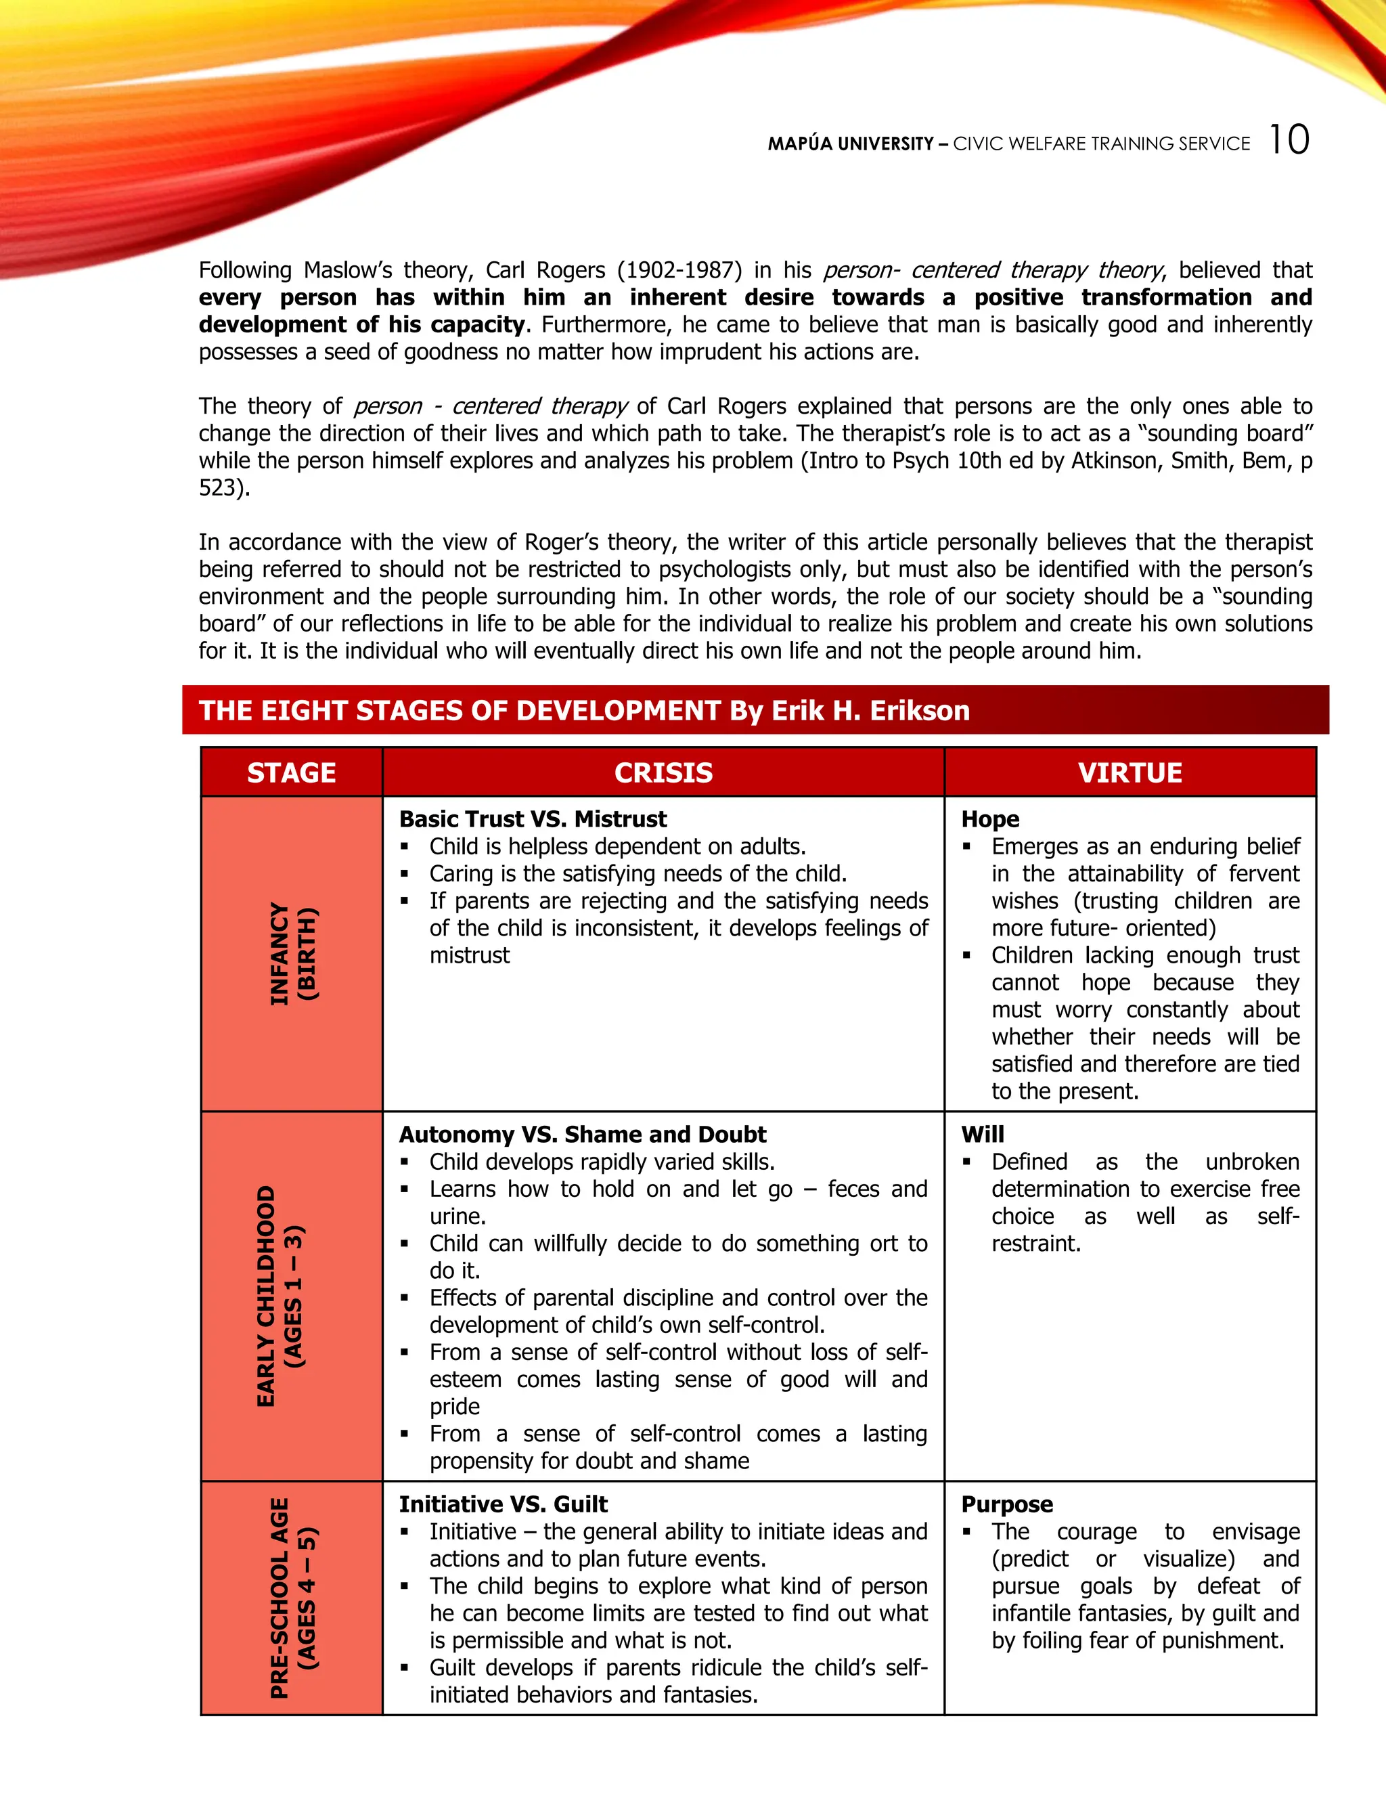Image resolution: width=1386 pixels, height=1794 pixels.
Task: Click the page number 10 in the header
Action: pos(1289,139)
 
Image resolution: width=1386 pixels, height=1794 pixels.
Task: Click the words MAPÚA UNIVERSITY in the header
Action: pos(850,144)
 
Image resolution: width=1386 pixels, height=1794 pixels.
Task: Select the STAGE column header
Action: pos(292,772)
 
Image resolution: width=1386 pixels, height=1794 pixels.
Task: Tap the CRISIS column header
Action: pos(663,772)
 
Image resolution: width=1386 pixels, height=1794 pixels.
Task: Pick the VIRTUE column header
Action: pos(1130,772)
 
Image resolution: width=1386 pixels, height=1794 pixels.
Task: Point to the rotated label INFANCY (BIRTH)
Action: pos(293,954)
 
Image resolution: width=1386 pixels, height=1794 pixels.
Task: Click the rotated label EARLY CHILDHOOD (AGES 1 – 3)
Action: pos(280,1296)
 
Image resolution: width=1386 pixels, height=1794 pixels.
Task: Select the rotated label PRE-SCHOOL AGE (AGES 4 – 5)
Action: pos(293,1598)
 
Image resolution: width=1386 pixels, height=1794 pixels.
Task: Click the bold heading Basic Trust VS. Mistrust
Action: pos(533,819)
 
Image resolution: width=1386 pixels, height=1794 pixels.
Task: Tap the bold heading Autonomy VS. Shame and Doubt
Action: pos(582,1135)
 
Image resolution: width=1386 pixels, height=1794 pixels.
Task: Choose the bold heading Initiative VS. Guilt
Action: pos(503,1504)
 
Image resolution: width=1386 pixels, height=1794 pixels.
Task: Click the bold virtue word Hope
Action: pos(990,819)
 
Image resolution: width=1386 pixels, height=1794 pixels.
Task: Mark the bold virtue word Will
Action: pos(983,1135)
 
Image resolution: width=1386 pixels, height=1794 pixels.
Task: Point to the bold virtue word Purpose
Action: pos(1006,1504)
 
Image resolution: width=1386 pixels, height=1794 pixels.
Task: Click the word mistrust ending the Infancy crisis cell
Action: pos(470,955)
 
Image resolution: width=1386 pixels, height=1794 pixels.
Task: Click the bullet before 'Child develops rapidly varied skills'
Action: pos(405,1162)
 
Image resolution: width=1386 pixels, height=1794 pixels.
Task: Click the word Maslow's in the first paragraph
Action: pos(348,270)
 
